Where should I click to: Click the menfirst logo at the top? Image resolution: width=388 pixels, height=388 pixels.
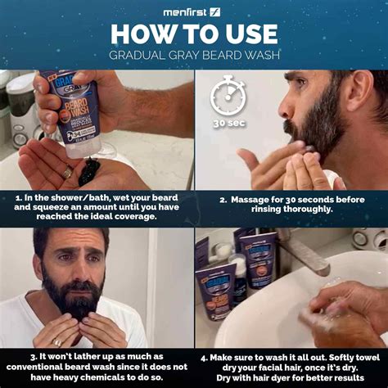point(193,11)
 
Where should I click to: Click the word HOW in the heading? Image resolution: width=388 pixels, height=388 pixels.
point(141,34)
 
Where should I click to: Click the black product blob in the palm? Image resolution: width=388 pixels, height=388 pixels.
point(89,171)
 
